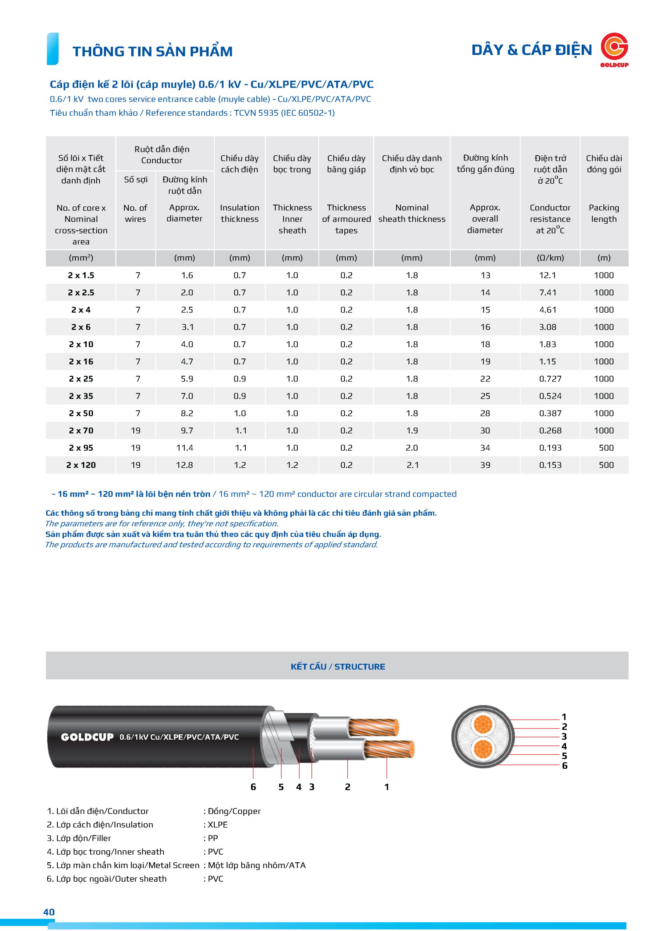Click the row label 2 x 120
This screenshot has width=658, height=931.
tap(81, 465)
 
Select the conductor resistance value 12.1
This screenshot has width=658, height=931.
tap(548, 275)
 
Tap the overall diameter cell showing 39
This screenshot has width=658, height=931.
tap(485, 465)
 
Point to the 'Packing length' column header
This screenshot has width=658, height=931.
tap(604, 213)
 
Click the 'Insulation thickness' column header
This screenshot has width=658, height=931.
tap(239, 213)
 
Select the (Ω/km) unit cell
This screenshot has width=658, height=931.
tap(550, 258)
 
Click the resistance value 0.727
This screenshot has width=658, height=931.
tap(550, 379)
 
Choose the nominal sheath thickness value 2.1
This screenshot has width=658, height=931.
tap(412, 465)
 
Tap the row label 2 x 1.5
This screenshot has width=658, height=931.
tap(81, 275)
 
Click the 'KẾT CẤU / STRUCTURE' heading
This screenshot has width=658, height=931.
tap(338, 667)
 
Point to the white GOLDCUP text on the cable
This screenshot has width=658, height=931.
tap(87, 737)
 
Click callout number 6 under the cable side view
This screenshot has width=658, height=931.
tap(253, 787)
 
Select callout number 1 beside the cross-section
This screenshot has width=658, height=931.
tap(564, 717)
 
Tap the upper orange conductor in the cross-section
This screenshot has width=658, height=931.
tap(483, 724)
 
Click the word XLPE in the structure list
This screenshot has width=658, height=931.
tap(218, 825)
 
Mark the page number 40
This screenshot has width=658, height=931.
tap(49, 912)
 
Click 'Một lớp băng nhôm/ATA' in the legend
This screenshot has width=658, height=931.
tap(257, 865)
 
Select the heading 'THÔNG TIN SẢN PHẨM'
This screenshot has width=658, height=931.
tap(152, 52)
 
